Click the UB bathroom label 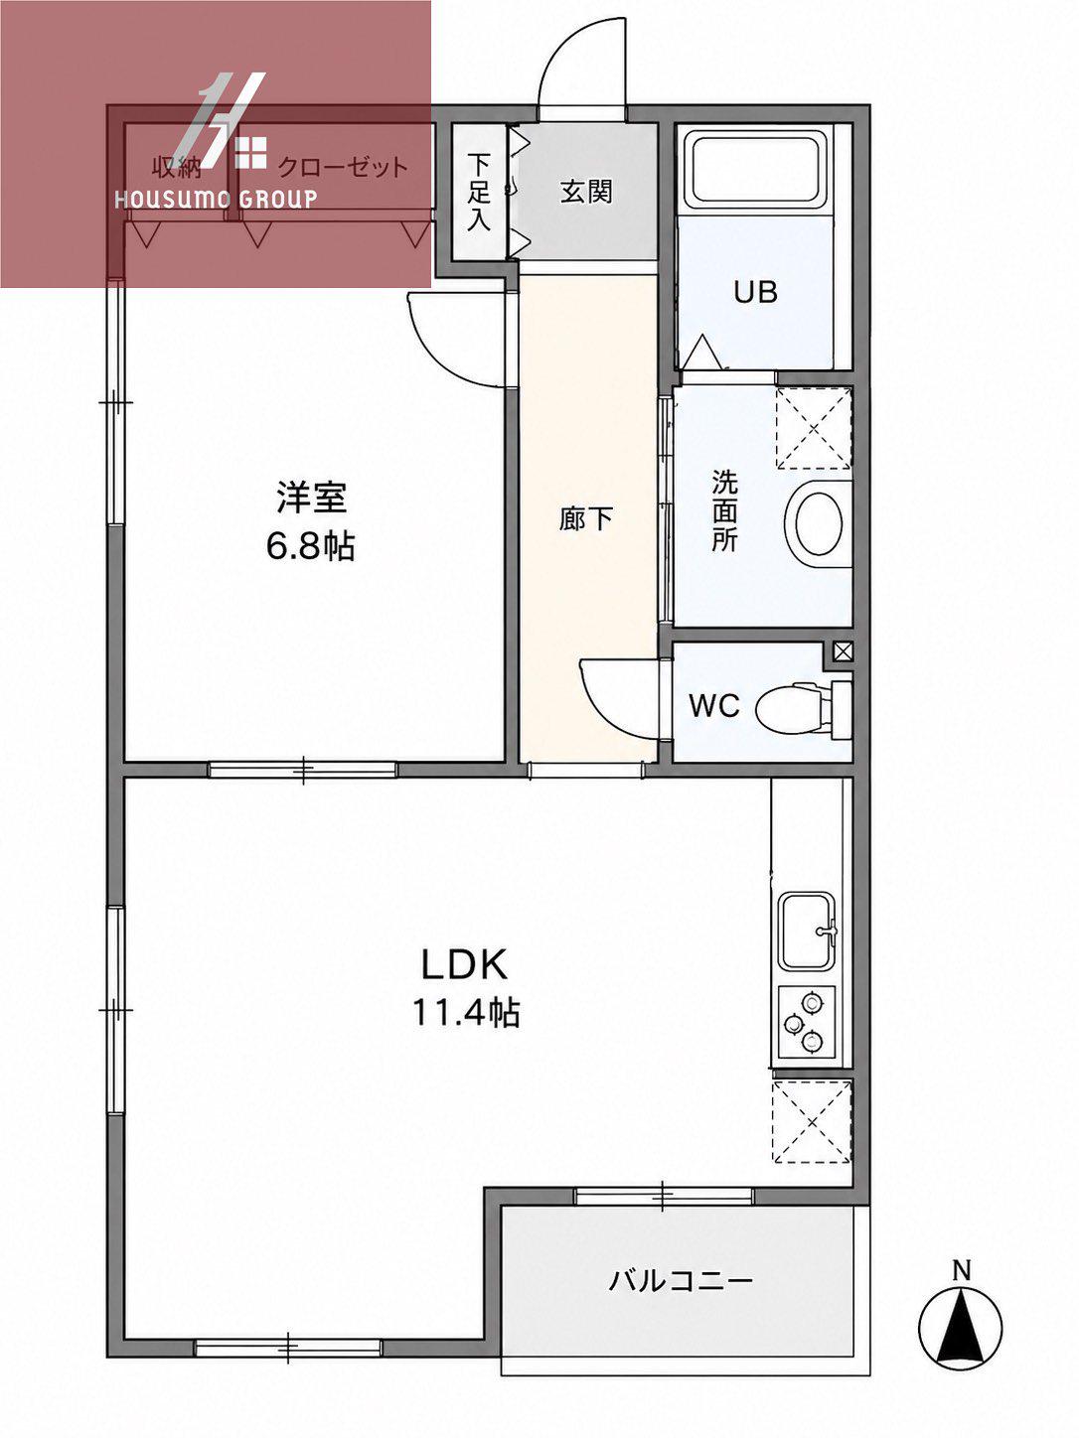coord(755,292)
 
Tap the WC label coord(714,705)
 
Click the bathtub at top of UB coord(757,171)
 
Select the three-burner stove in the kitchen coord(807,1022)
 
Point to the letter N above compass coord(962,1271)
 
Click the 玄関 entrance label coord(586,192)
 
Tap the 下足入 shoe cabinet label coord(480,192)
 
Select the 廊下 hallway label coord(586,518)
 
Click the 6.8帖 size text coord(311,546)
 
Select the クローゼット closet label coord(344,169)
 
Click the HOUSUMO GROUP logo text coord(216,199)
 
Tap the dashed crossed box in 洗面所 coord(814,428)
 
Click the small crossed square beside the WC coord(843,651)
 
